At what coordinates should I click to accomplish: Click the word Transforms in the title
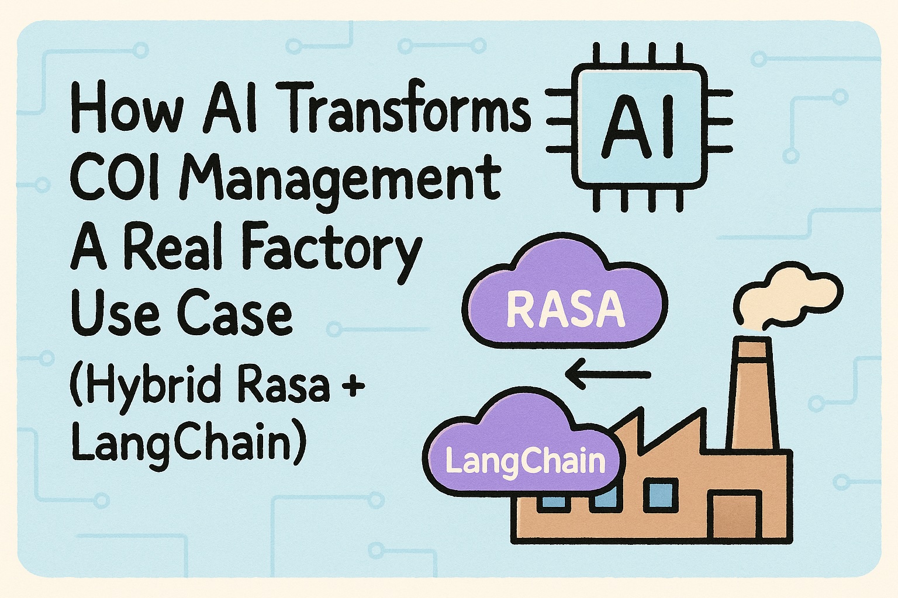pos(409,109)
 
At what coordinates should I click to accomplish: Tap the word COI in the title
pos(114,176)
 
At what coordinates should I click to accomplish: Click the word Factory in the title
pos(331,248)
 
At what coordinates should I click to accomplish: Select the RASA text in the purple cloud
pos(565,309)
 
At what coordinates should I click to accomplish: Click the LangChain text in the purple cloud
pos(524,461)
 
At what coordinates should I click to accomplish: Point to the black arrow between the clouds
pos(609,374)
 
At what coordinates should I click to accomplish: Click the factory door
pos(734,514)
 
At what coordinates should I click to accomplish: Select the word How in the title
pos(126,109)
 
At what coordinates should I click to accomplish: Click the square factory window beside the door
pos(661,494)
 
